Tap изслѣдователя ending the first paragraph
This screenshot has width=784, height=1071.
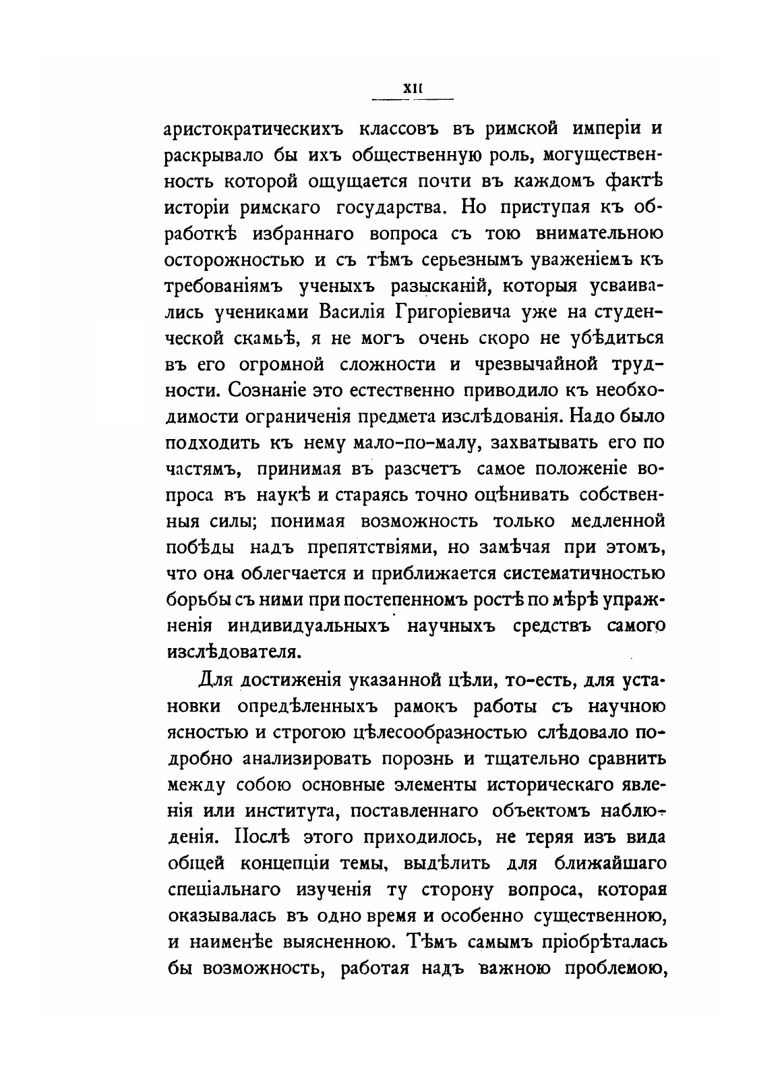coord(233,652)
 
